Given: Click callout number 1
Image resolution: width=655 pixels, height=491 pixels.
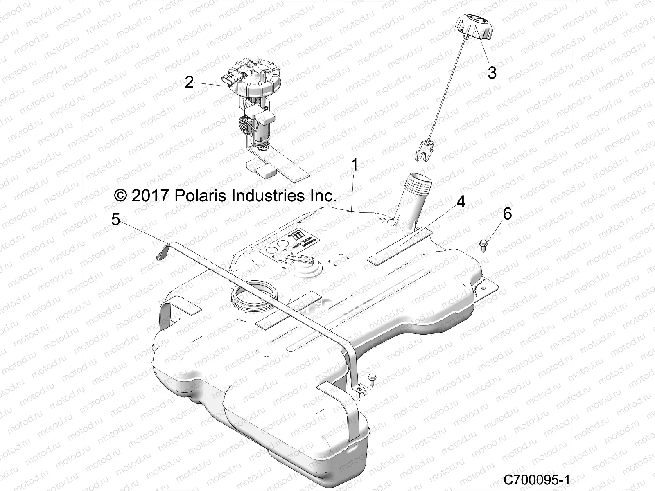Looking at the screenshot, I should point(355,165).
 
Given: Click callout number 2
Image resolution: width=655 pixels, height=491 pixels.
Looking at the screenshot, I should point(189,82).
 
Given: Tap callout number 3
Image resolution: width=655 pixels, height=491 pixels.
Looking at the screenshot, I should point(492,73).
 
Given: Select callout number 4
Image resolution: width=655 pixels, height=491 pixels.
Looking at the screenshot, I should point(461,202).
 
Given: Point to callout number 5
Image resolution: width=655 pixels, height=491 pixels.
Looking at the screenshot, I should point(116,220).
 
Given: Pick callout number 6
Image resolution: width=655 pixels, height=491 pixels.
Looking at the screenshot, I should point(507,214).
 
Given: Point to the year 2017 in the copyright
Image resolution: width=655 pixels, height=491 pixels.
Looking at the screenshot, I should point(150,196).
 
